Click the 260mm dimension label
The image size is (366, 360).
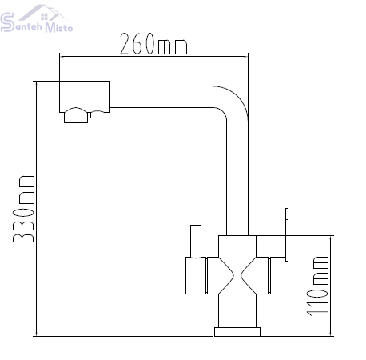[x=153, y=44]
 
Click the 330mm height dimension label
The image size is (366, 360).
[x=23, y=209]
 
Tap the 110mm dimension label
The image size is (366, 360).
[x=317, y=286]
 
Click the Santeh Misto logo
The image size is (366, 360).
[x=36, y=18]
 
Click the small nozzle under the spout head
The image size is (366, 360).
[x=97, y=114]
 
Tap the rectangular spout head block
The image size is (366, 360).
[x=85, y=97]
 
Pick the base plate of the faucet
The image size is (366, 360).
[x=237, y=332]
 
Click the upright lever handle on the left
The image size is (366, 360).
[x=196, y=242]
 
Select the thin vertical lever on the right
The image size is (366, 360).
[x=287, y=234]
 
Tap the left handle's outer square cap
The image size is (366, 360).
[x=196, y=276]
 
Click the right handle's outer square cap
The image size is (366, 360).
[x=279, y=276]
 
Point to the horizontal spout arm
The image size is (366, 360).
[x=162, y=97]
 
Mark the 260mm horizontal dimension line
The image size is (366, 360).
[x=153, y=57]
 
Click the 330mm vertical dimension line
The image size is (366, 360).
[x=36, y=209]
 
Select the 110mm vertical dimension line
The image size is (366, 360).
[x=331, y=286]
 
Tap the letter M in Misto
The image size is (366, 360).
[x=50, y=28]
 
